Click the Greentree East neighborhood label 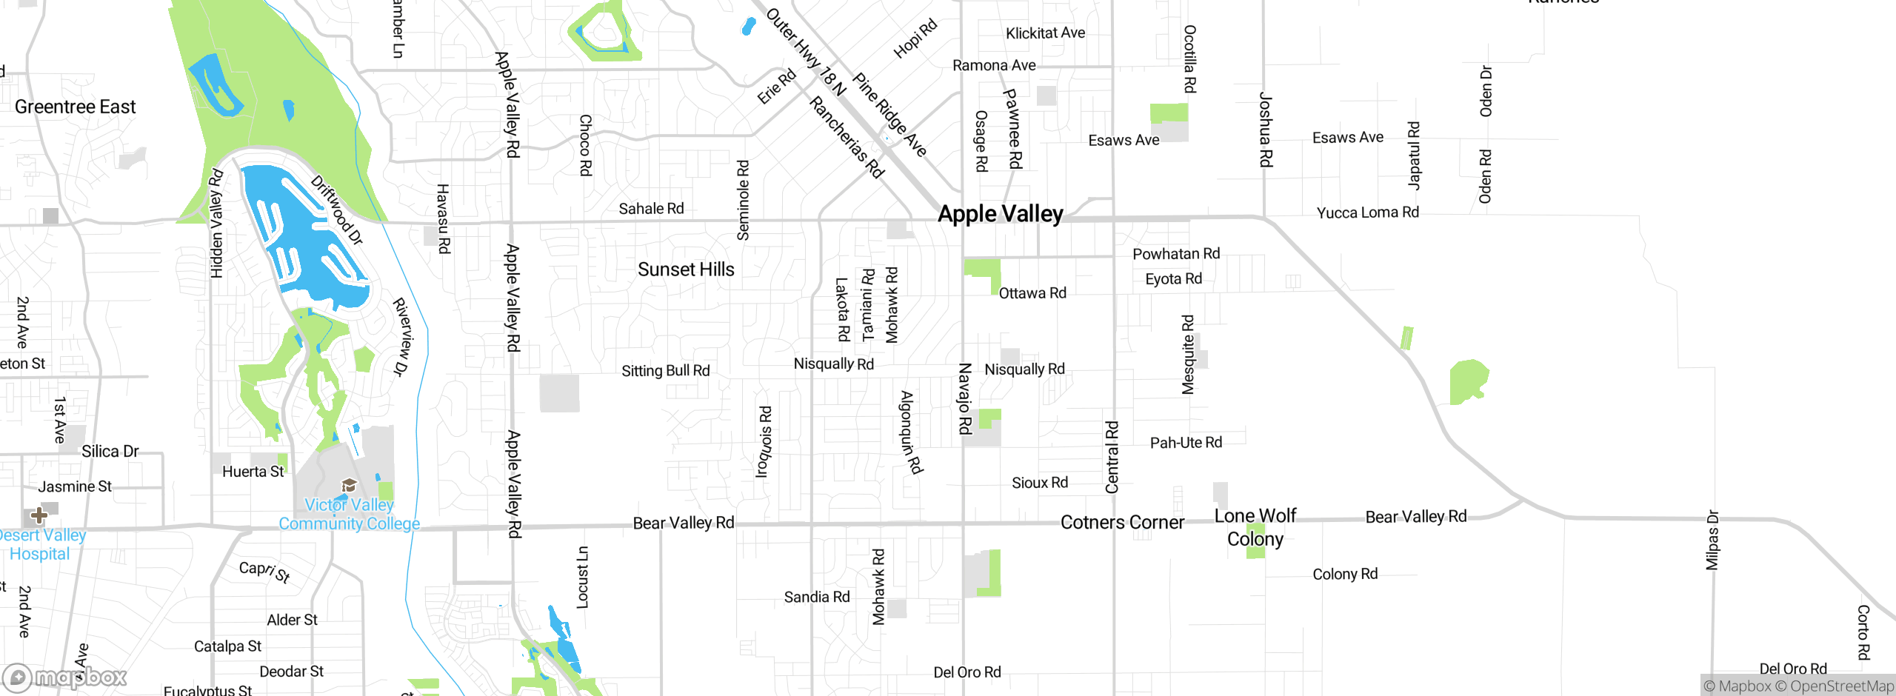(x=75, y=107)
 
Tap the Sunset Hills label (x=686, y=270)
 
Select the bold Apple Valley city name (x=1000, y=214)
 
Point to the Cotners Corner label (x=1122, y=523)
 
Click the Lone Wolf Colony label (x=1255, y=527)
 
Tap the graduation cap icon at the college (x=349, y=486)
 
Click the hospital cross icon (x=39, y=515)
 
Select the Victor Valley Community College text (x=349, y=515)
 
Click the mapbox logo (x=65, y=677)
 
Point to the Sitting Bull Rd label (x=665, y=370)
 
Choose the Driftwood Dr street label (x=337, y=210)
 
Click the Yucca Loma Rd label (x=1367, y=213)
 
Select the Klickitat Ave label (x=1045, y=33)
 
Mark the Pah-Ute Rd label (x=1186, y=443)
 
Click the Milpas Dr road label (x=1712, y=540)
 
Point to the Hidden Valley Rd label (x=216, y=224)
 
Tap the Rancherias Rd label (x=847, y=138)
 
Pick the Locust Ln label (x=583, y=578)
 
